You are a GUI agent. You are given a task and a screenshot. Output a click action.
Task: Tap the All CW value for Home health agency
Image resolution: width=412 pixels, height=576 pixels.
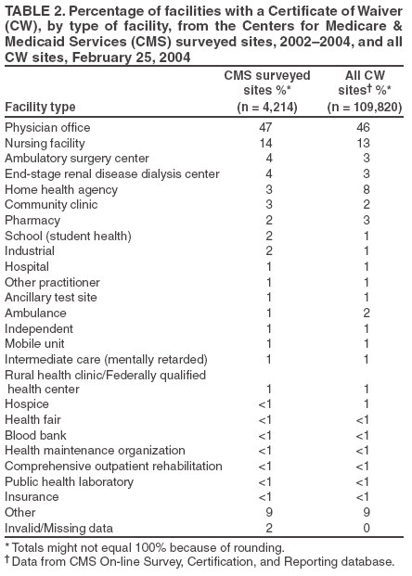367,189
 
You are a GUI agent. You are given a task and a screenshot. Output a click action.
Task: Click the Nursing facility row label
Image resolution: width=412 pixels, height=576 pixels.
45,144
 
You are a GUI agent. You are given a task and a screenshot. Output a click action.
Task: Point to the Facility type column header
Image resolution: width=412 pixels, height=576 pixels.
40,107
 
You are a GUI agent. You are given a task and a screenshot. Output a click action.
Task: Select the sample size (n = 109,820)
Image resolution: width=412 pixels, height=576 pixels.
366,107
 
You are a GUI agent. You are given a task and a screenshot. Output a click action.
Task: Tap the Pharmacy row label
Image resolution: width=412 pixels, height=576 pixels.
32,220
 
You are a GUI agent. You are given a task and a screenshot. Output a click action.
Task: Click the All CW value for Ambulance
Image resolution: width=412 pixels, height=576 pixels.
367,312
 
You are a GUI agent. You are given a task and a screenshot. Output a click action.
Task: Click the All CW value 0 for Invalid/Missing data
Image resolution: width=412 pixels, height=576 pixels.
367,527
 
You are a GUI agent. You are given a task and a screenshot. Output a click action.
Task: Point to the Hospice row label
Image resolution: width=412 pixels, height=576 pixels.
27,404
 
